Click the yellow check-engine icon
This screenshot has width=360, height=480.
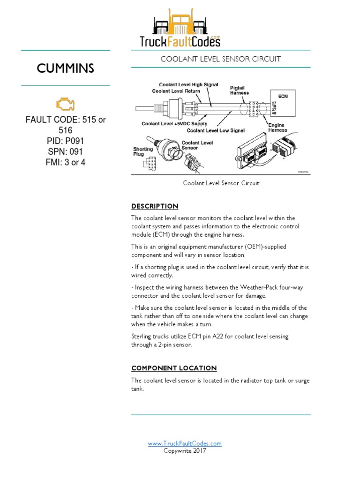[65, 104]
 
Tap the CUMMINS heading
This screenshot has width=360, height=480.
[65, 68]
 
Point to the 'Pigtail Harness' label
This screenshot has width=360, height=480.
[240, 90]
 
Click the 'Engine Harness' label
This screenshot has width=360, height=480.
[277, 127]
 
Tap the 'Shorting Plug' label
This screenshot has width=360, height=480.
[142, 151]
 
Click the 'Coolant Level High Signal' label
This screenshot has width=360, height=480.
[188, 84]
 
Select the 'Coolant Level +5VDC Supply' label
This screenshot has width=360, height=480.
[168, 124]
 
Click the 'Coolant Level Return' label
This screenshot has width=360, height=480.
[176, 91]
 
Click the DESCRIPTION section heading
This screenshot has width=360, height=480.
[155, 206]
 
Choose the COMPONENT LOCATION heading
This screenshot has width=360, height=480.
[174, 368]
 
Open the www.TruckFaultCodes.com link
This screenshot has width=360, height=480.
[185, 443]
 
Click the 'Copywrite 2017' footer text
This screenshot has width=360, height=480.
[185, 451]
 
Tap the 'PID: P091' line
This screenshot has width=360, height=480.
[65, 141]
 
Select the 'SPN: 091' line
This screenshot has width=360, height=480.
[65, 152]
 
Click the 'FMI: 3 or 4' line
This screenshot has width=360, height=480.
[65, 163]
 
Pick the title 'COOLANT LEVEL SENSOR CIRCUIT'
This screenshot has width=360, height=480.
[221, 59]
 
